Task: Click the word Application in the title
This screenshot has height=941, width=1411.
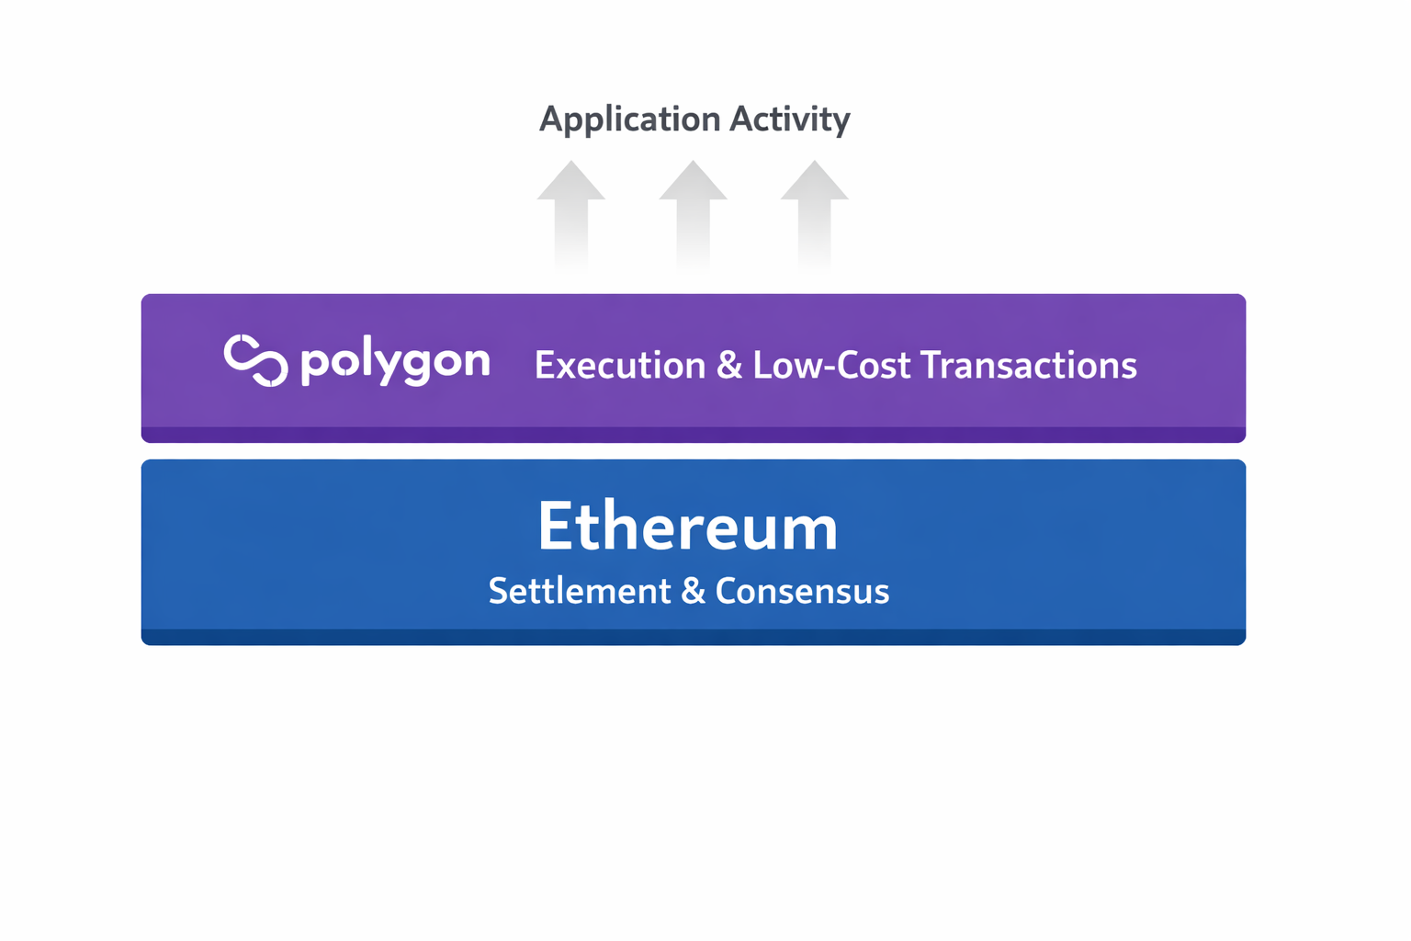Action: [629, 119]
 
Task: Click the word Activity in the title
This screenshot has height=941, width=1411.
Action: [790, 119]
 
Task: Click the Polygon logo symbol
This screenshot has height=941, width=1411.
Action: [255, 360]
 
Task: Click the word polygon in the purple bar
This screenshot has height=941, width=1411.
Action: [395, 362]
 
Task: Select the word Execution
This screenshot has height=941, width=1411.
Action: [620, 366]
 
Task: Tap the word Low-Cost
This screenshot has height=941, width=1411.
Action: [832, 366]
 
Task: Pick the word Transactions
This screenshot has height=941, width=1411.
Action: [1029, 366]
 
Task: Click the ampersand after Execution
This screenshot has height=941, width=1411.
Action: [729, 366]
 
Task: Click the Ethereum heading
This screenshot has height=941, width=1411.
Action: [688, 527]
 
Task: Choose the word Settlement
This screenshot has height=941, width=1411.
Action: [580, 591]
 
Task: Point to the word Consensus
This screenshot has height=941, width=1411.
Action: [802, 591]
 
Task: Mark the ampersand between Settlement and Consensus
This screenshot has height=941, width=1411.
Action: [693, 591]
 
